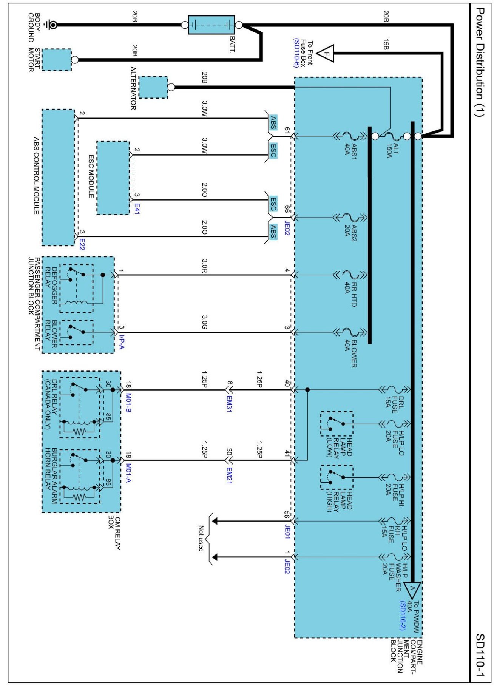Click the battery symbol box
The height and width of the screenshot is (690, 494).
[x=211, y=25]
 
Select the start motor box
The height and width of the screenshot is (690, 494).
[x=56, y=60]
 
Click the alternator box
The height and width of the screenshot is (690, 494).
[x=153, y=87]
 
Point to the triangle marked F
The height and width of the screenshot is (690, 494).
[x=326, y=53]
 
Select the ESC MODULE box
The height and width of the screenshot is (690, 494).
[x=113, y=178]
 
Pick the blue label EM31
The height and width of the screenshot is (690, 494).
[x=229, y=403]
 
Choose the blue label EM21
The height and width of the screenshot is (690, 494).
[x=229, y=475]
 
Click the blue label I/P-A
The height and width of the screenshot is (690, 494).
[x=122, y=342]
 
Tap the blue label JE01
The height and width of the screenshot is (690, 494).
[x=287, y=531]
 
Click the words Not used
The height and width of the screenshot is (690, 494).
[x=201, y=539]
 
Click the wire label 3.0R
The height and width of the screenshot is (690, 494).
[x=204, y=266]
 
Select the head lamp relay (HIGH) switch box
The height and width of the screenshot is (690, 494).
[x=337, y=477]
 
